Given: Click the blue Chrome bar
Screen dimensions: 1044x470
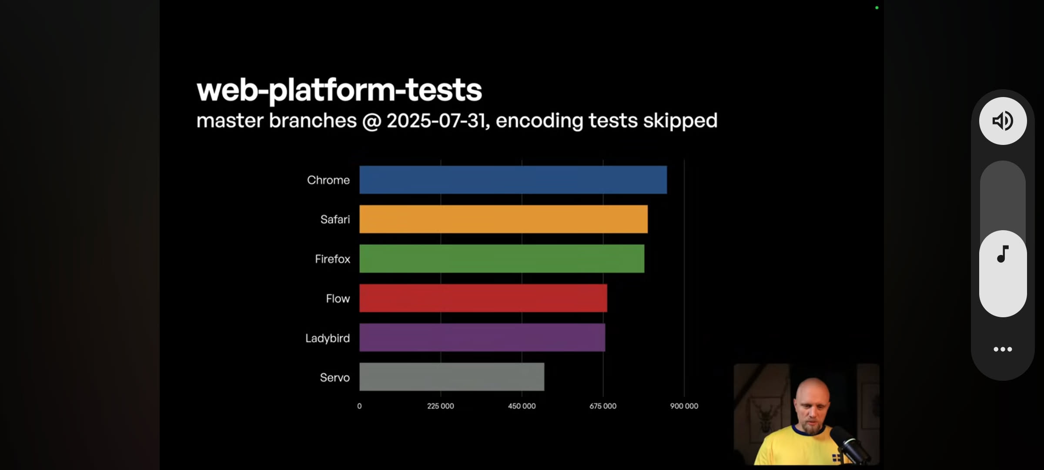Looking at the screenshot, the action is click(513, 180).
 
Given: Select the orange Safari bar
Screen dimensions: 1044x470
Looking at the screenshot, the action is click(503, 219).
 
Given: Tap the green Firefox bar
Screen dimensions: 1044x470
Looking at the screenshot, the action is click(502, 258).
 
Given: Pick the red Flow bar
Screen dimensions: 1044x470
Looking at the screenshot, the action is click(483, 298).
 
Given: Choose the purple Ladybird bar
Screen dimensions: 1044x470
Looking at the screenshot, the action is click(482, 337).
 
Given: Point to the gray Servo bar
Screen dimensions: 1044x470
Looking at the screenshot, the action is click(452, 377).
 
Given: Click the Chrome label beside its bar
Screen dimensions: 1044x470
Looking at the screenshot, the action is click(328, 180).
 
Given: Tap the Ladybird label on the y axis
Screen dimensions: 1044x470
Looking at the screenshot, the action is click(327, 338).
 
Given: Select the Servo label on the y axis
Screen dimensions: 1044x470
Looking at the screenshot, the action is click(335, 377).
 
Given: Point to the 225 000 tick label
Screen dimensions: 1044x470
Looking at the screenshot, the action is click(440, 406).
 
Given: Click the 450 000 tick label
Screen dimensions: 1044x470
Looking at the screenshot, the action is click(522, 406).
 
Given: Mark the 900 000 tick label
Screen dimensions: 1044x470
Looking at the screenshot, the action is click(684, 406).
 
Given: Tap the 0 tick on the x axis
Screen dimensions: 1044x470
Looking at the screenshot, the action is click(359, 406).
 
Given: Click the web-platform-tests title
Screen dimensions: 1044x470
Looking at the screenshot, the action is click(339, 91).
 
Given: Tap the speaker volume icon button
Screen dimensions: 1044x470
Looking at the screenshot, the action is click(1003, 121).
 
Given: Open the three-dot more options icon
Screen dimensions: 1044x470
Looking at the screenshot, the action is click(1003, 349).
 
